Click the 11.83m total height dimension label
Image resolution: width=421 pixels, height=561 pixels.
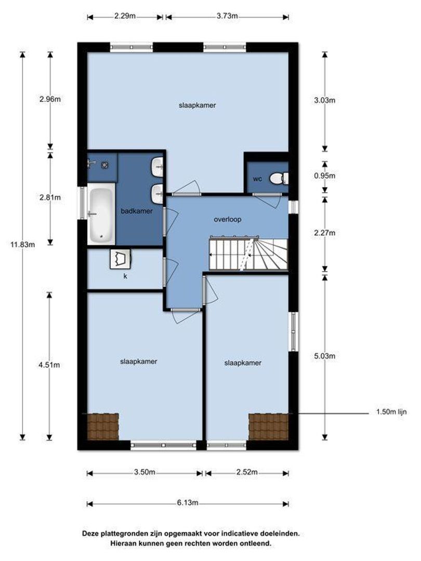23,245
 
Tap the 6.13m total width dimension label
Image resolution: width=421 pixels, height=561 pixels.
187,503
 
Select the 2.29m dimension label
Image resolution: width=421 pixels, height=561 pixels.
125,16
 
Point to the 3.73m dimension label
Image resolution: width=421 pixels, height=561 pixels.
227,16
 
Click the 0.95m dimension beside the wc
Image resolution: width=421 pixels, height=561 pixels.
325,176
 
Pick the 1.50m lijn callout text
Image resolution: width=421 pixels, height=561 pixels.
391,412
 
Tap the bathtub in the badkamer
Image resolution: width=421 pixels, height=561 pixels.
101,215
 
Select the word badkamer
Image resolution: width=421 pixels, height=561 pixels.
137,211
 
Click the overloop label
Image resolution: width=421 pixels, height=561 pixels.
228,219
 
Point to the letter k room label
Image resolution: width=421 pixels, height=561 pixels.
125,276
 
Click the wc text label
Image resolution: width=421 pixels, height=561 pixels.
258,179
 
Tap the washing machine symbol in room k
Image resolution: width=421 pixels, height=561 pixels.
120,258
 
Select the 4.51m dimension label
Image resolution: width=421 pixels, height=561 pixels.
49,365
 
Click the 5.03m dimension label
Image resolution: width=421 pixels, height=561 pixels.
325,356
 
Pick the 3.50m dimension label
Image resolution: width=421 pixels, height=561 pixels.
144,472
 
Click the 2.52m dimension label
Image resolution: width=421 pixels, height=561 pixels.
247,472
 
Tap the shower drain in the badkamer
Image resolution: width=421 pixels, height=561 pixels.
105,165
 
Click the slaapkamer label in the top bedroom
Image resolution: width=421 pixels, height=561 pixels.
198,105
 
